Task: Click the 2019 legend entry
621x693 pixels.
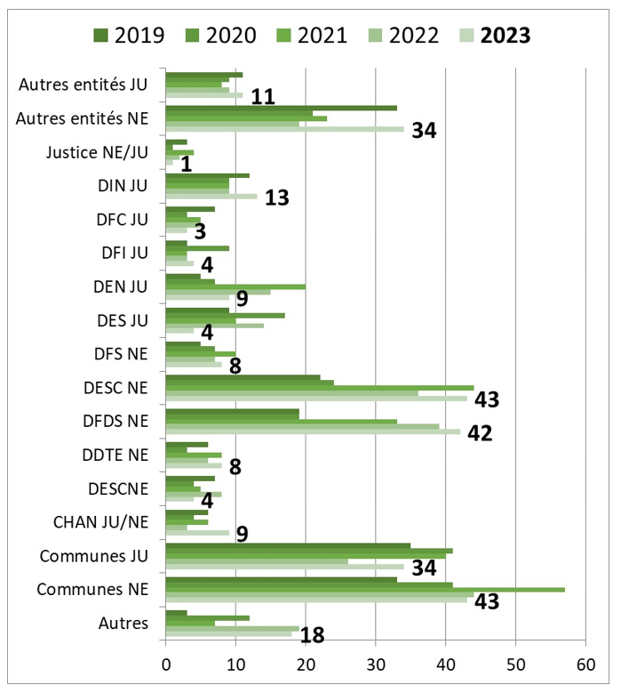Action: pos(128,35)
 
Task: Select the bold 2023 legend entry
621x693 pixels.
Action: pos(494,35)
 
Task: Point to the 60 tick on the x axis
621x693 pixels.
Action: pos(585,665)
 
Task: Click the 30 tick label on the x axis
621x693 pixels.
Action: pos(375,665)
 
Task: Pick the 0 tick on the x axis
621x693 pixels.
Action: pos(166,665)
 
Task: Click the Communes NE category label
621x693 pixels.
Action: pos(92,590)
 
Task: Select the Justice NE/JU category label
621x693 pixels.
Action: pos(98,152)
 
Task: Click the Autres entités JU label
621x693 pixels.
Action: pos(84,85)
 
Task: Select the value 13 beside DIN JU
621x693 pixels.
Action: pos(277,197)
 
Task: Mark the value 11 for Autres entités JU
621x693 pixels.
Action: pos(262,96)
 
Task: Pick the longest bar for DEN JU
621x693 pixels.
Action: pos(235,286)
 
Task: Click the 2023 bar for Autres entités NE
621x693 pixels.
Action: pos(284,128)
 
